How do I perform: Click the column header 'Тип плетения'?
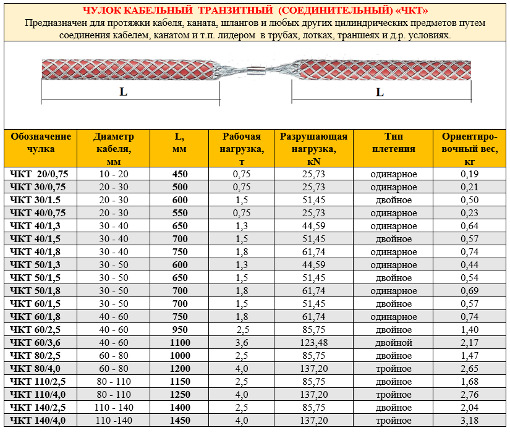coord(393,143)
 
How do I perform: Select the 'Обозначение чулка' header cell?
coord(41,143)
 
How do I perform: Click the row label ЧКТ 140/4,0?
coord(38,421)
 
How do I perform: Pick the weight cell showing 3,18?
coord(470,421)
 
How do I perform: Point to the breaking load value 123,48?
coord(313,343)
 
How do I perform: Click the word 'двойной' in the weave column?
coord(393,343)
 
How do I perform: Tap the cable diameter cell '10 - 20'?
coord(114,174)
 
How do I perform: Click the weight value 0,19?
coord(470,174)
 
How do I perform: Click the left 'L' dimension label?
coord(124,93)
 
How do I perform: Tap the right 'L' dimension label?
coord(380,93)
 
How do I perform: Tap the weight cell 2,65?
coord(470,369)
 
